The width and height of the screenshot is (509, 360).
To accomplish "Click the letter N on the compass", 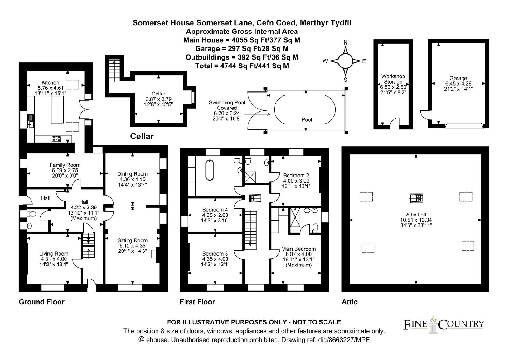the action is click(x=345, y=43).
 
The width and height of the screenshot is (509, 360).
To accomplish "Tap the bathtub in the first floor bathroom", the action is click(x=210, y=170).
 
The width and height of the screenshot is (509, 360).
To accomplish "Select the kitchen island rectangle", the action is click(x=57, y=109).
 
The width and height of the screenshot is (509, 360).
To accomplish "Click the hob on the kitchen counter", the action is click(x=56, y=139).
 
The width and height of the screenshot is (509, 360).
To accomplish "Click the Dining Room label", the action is click(x=132, y=174).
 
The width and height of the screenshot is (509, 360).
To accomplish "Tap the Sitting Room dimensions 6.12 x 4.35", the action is click(x=132, y=246).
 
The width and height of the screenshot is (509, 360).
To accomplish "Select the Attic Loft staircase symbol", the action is click(x=416, y=198).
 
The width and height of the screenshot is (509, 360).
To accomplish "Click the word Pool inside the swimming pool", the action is click(x=307, y=120).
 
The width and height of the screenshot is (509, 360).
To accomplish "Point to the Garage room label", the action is click(x=458, y=78).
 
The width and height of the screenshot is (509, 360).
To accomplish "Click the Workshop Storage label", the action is click(x=393, y=79).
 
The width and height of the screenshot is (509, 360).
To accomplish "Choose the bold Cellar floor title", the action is click(x=142, y=136).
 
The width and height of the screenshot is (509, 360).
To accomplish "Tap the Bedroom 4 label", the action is click(x=215, y=210).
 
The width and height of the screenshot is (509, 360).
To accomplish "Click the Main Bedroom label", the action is click(x=299, y=249).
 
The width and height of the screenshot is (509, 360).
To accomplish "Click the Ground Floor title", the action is click(x=42, y=302).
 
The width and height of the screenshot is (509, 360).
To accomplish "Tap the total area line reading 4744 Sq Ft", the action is click(x=242, y=66).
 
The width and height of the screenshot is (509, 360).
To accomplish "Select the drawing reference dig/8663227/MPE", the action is click(x=326, y=340).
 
